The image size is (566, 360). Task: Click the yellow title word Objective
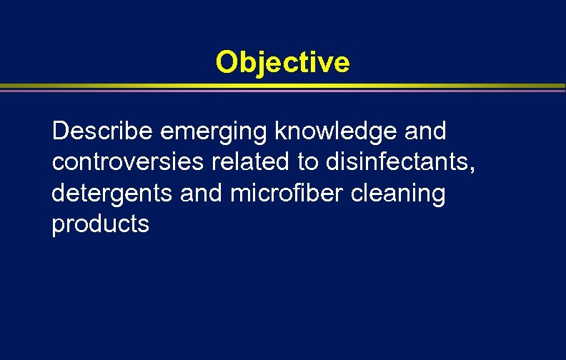click(x=282, y=62)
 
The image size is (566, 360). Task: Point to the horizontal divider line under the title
click(x=282, y=88)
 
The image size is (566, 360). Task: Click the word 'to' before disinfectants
click(x=309, y=162)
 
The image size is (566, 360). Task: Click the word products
click(x=101, y=225)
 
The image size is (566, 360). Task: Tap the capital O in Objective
click(x=227, y=62)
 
